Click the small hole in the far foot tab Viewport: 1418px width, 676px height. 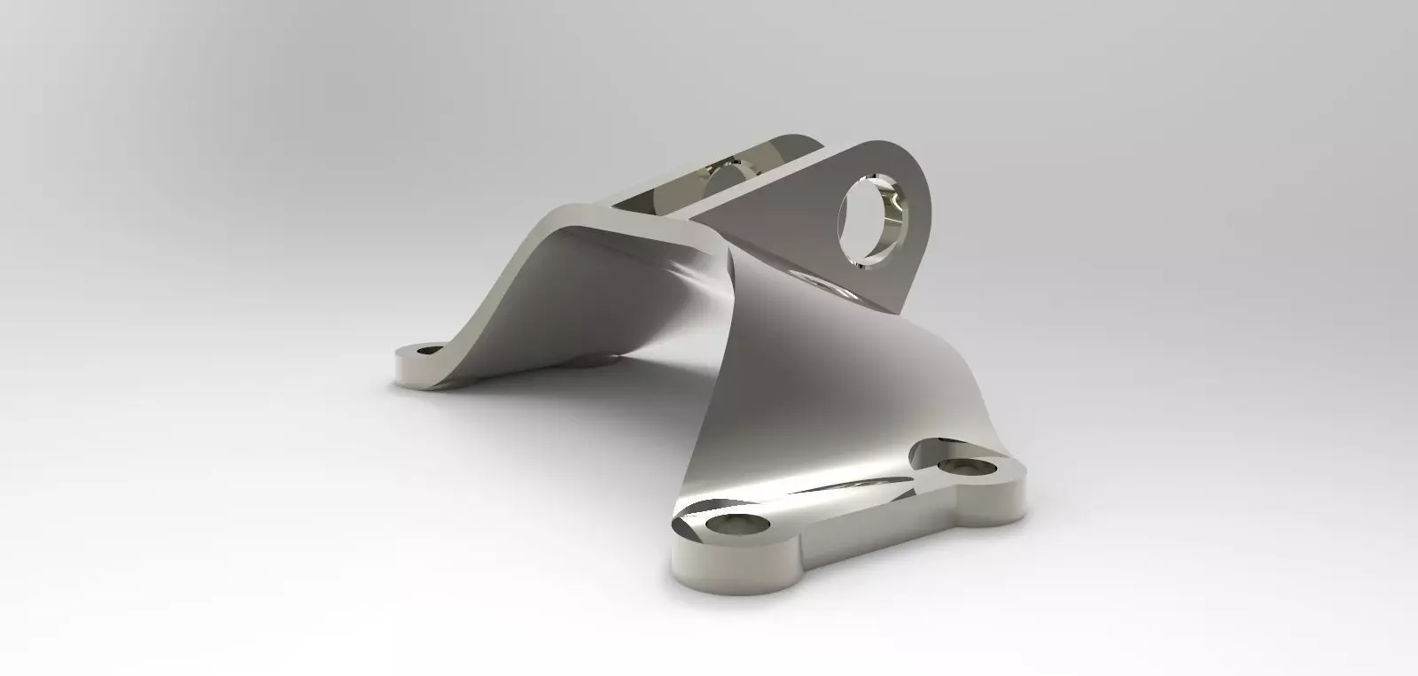pos(428,351)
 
